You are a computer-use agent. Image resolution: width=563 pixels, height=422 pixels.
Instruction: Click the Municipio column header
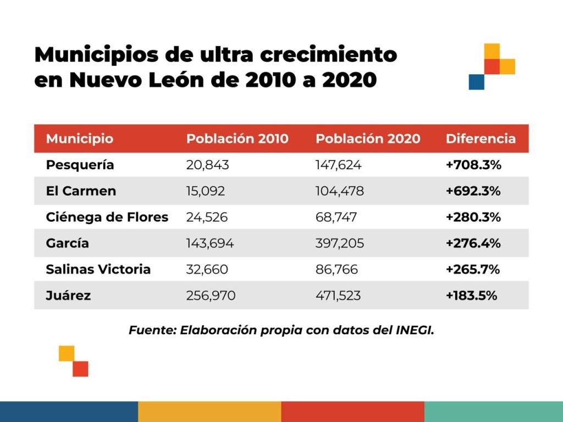tap(80, 138)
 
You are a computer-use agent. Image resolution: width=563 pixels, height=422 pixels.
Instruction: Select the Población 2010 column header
tap(237, 138)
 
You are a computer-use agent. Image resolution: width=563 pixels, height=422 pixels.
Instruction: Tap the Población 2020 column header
tap(368, 138)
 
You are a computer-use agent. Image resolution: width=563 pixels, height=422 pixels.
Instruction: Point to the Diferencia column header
tap(481, 138)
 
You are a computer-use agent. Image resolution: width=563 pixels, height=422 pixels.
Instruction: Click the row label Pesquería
tap(80, 165)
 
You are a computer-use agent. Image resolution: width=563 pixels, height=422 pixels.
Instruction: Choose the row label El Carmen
tap(81, 191)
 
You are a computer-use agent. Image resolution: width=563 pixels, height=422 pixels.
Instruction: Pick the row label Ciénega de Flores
tap(107, 217)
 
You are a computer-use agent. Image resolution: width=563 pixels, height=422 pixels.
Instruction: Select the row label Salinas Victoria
tap(98, 269)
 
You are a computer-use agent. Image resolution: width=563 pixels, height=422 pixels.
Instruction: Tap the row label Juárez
tap(69, 296)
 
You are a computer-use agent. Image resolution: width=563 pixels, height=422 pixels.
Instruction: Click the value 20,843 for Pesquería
tap(208, 165)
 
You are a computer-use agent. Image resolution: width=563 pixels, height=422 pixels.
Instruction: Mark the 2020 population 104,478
tap(340, 191)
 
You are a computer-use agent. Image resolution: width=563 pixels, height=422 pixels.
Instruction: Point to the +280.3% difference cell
tap(473, 217)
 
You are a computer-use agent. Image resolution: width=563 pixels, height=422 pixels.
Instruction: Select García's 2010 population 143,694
tap(210, 243)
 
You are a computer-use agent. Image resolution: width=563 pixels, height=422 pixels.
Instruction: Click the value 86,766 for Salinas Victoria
tap(336, 269)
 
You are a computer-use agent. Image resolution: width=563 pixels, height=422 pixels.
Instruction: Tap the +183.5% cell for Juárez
tap(472, 296)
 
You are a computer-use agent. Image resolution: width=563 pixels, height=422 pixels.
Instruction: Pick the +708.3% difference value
tap(473, 165)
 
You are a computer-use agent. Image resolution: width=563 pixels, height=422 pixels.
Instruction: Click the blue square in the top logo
tap(476, 82)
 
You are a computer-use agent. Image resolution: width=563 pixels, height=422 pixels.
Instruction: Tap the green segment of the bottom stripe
tap(493, 412)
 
